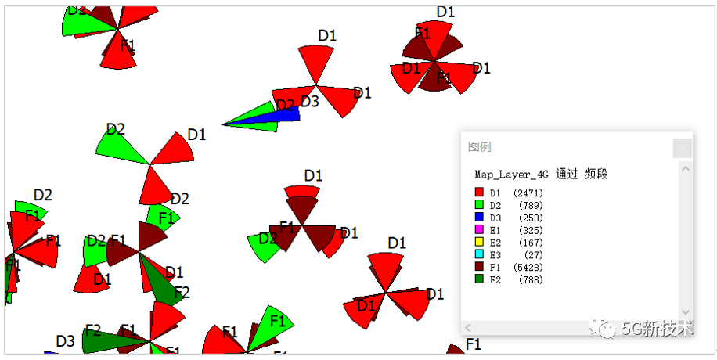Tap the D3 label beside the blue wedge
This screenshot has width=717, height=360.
(310, 101)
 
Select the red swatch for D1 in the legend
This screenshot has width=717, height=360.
(479, 193)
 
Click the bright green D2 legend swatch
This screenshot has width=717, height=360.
(479, 205)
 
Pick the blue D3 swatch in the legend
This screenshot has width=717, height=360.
(479, 218)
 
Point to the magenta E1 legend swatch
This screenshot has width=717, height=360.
(479, 230)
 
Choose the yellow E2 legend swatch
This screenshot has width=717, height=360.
(479, 243)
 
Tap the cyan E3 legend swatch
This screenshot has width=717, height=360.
(479, 255)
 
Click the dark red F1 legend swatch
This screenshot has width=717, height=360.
(479, 268)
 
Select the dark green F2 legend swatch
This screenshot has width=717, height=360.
(479, 280)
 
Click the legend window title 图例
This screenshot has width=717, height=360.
(479, 147)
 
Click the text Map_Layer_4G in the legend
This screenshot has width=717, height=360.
(511, 174)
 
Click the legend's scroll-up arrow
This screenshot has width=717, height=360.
(686, 168)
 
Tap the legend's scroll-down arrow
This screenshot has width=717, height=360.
(686, 312)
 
